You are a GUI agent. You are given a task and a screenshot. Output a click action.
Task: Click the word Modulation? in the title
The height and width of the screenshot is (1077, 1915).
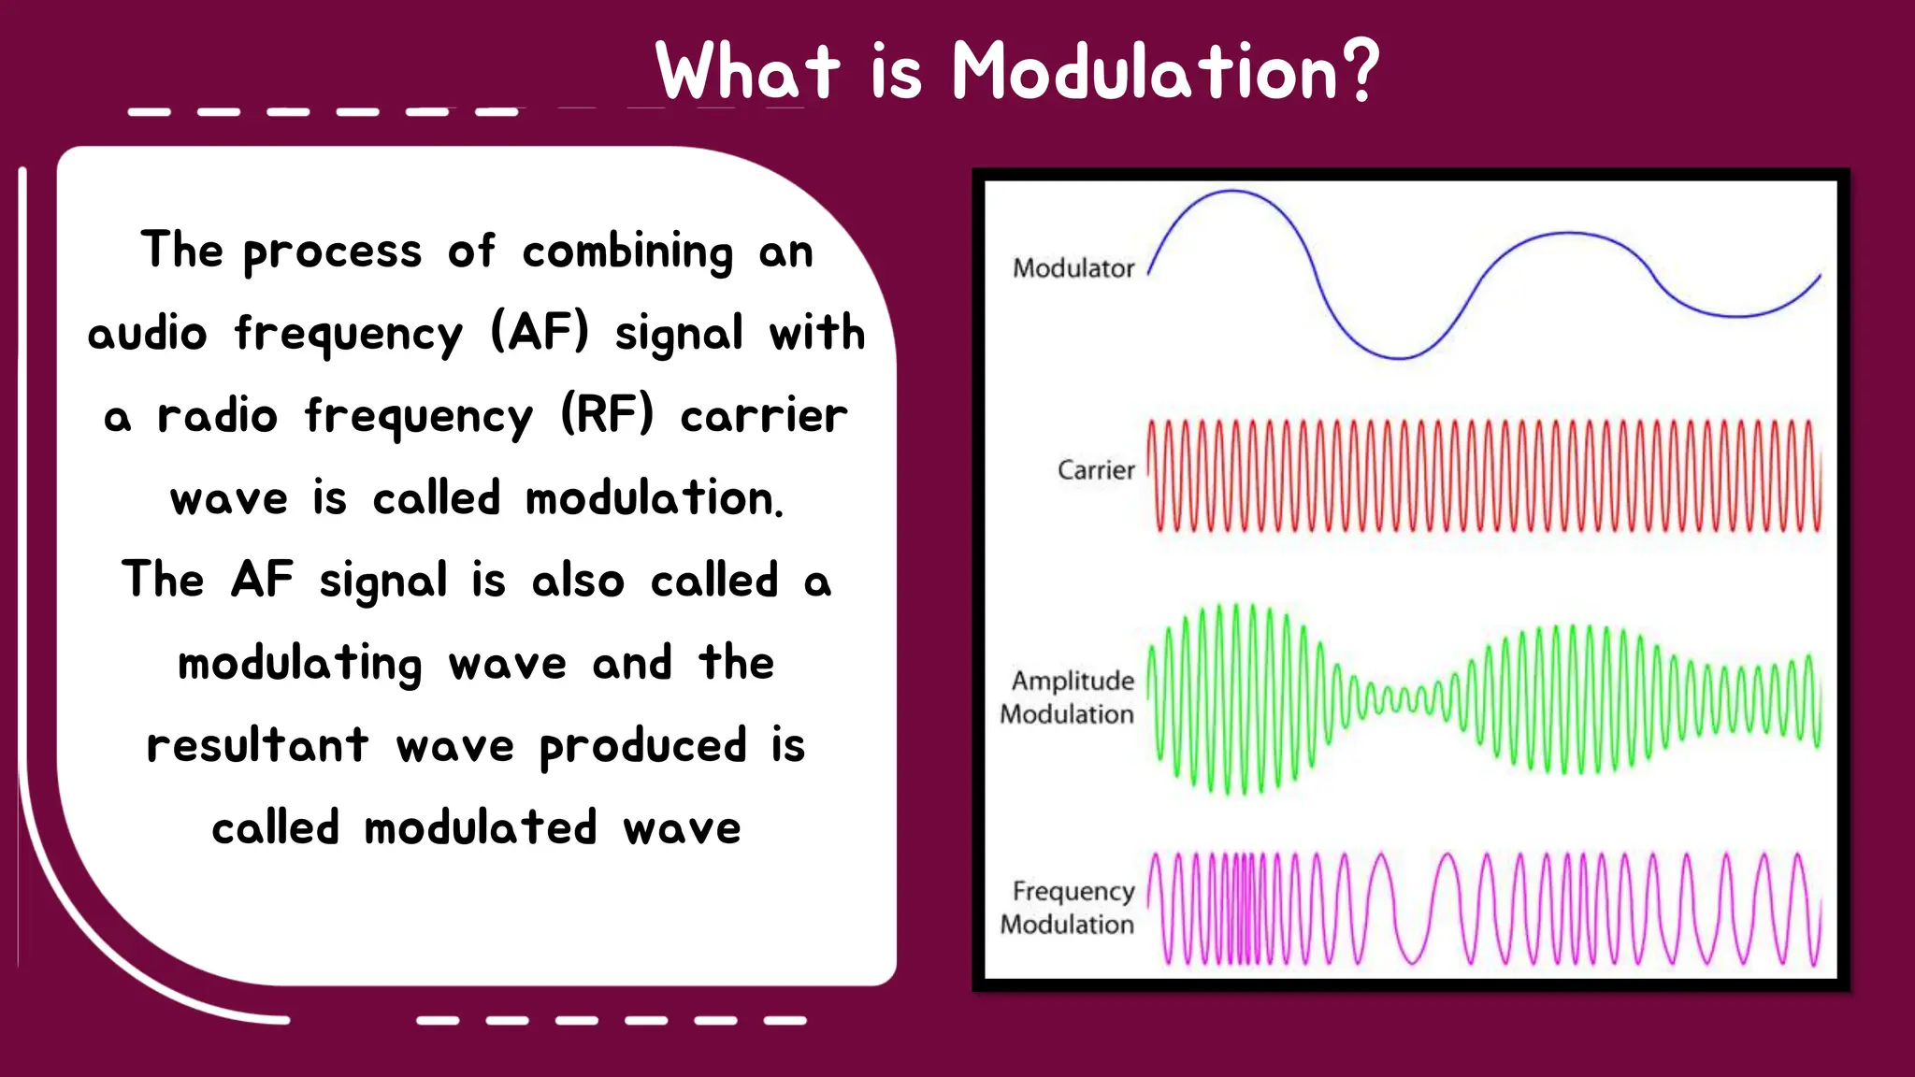point(1165,71)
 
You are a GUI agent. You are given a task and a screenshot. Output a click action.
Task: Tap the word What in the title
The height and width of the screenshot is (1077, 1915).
point(748,71)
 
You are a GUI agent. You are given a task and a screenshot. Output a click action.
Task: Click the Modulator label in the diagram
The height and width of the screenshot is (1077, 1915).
point(1073,268)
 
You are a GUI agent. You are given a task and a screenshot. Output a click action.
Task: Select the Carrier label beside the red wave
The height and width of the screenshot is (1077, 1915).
point(1095,469)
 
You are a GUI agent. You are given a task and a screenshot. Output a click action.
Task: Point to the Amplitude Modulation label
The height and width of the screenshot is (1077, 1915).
point(1067,697)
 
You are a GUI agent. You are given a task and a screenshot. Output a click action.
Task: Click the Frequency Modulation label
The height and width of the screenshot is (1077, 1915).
point(1067,908)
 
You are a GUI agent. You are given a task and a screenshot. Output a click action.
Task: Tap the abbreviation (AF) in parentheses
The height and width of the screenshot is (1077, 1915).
point(540,333)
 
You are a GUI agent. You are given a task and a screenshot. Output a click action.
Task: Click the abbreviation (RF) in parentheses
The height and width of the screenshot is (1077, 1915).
point(608,415)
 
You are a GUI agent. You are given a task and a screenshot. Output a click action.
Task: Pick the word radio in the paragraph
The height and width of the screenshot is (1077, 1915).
point(217,415)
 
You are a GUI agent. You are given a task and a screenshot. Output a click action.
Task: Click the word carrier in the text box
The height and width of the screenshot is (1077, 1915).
point(763,415)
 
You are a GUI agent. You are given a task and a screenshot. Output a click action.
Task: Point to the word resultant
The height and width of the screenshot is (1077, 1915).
point(258,745)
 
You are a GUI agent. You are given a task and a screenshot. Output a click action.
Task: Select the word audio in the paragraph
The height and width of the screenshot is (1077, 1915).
point(147,333)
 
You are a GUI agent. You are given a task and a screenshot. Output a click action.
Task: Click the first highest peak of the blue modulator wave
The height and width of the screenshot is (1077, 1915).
point(1231,192)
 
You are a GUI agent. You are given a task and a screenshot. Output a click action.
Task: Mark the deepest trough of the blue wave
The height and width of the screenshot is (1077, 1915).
point(1400,357)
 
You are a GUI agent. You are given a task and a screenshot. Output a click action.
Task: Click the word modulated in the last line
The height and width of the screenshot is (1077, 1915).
point(480,828)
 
